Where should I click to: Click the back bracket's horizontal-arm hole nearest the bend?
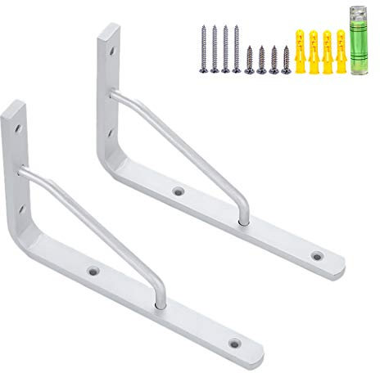point(175,191)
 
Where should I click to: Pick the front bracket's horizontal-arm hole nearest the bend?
point(93,269)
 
